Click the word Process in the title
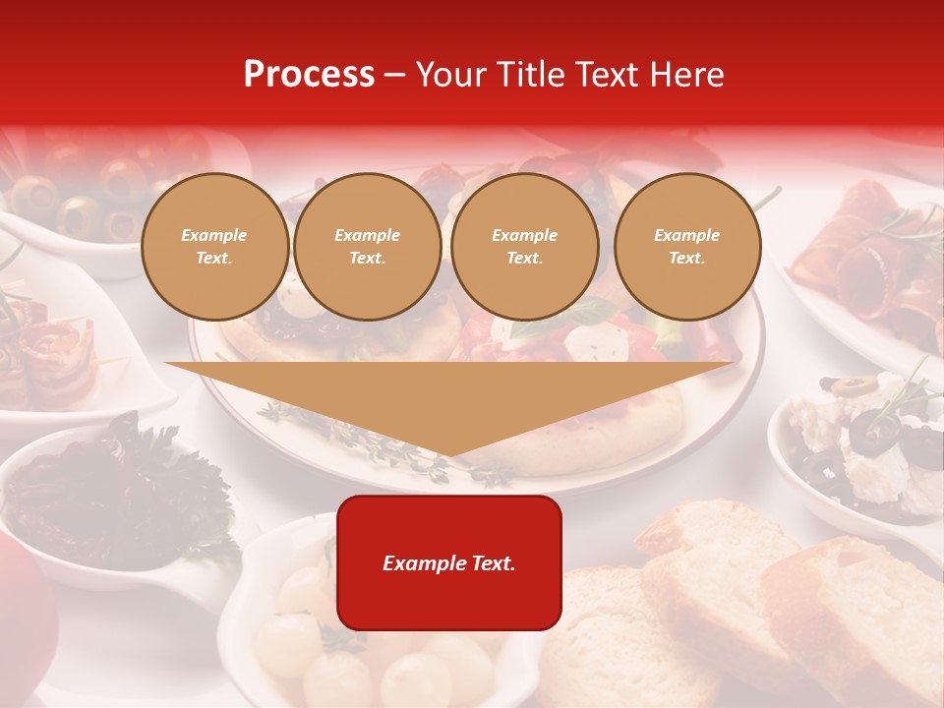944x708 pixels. (x=309, y=75)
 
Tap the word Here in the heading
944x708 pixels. (x=686, y=75)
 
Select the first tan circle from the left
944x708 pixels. (x=214, y=247)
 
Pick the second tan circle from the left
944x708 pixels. (x=367, y=247)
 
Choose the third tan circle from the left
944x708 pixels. (x=524, y=247)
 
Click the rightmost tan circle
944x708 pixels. (x=686, y=247)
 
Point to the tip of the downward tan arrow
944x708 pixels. (x=449, y=454)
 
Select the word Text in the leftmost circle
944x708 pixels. (x=214, y=259)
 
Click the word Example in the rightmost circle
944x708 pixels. (x=686, y=235)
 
